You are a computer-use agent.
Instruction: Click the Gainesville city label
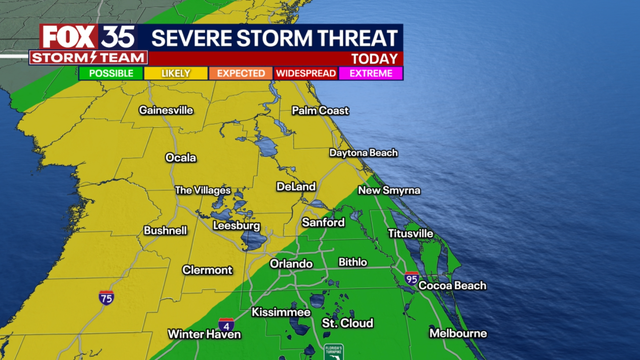[165, 109]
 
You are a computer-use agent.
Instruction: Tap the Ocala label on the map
[181, 157]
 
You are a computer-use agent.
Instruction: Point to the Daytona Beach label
[363, 153]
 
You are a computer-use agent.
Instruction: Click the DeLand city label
[297, 187]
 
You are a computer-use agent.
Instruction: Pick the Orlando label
[291, 264]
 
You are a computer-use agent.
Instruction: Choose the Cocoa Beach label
[455, 286]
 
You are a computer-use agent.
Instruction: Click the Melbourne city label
[458, 333]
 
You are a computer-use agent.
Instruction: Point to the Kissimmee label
[279, 312]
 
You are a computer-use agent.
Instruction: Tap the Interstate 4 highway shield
[227, 326]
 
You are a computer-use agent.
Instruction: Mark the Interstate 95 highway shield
[412, 277]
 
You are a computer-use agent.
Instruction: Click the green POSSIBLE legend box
[112, 73]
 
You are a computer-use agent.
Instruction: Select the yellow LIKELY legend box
[176, 73]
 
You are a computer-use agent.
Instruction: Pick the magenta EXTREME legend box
[371, 73]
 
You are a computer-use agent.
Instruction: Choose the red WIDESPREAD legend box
[305, 73]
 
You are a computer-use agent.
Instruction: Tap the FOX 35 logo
[88, 37]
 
